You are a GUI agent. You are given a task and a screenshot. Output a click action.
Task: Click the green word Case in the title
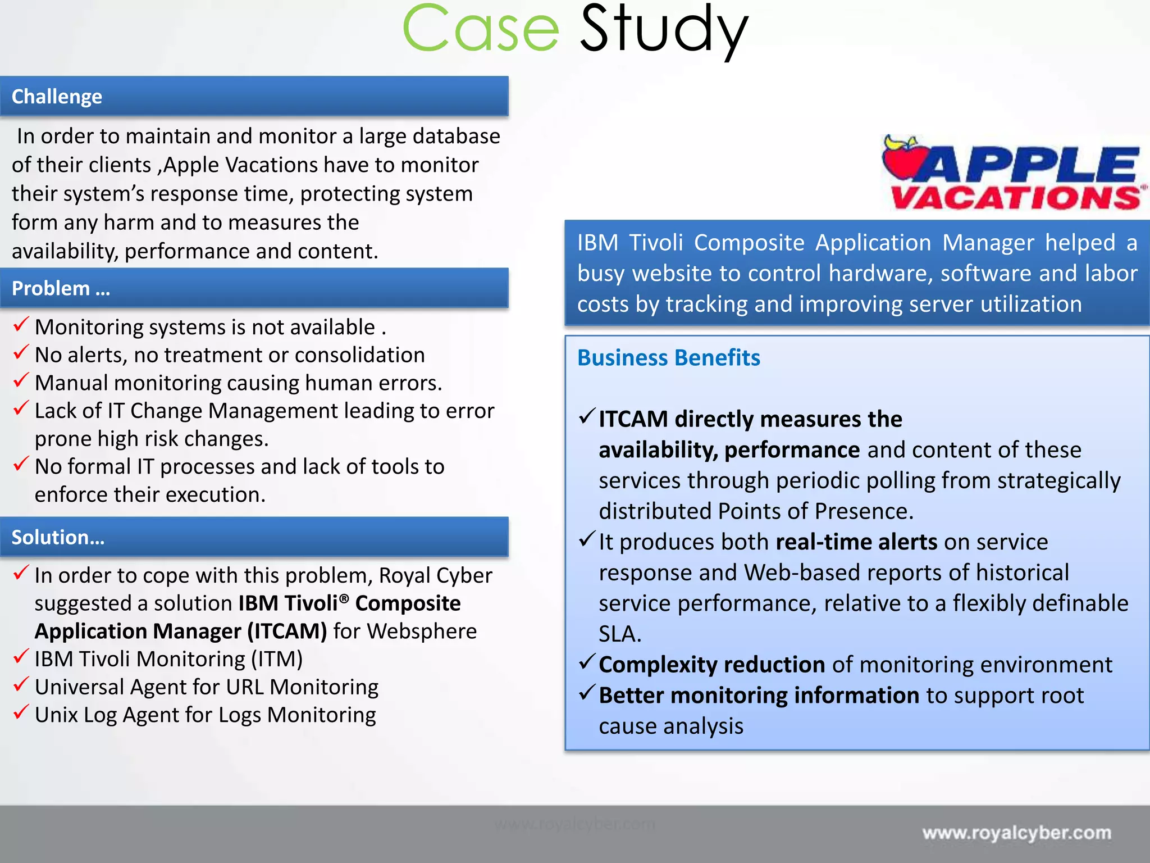click(481, 29)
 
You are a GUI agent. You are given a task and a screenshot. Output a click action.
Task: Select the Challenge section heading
click(57, 97)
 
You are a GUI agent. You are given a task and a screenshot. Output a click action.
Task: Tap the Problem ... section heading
click(61, 288)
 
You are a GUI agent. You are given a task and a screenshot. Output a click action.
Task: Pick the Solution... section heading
click(58, 537)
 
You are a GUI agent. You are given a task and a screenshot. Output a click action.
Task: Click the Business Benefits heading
click(668, 358)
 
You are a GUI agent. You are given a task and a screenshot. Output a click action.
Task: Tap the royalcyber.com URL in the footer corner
click(1016, 832)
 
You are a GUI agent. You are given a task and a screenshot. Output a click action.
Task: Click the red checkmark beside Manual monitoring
click(21, 380)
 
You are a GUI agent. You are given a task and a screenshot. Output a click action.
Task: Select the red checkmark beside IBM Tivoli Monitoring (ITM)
click(21, 656)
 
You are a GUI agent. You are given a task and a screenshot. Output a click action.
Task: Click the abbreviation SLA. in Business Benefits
click(619, 634)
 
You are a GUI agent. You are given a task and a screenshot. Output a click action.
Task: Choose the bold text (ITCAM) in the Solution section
click(287, 632)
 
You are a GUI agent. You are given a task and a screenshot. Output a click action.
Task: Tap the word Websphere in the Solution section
click(422, 632)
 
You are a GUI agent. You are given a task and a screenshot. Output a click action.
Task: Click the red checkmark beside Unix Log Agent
click(21, 712)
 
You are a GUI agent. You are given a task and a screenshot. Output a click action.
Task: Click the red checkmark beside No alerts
click(21, 352)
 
